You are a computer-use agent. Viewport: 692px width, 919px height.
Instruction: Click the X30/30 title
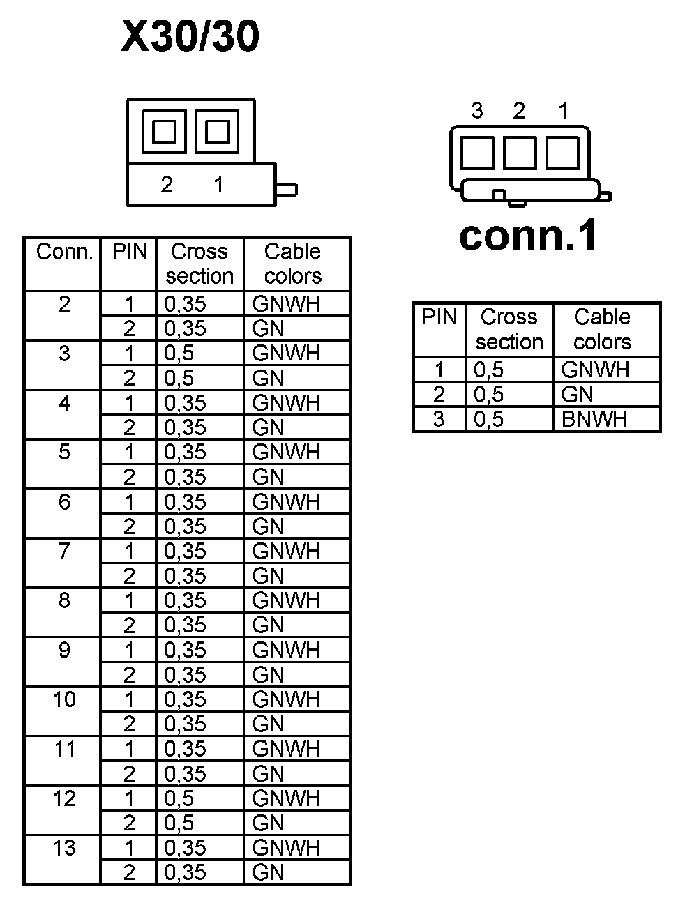click(190, 36)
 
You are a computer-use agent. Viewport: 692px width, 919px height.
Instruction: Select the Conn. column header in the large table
click(64, 252)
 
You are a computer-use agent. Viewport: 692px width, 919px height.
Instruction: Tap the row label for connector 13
click(64, 848)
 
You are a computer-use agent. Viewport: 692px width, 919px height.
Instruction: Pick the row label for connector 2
click(64, 304)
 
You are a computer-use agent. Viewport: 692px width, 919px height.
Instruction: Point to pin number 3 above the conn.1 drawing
click(477, 110)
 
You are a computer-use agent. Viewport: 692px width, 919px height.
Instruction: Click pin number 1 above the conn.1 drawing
click(563, 110)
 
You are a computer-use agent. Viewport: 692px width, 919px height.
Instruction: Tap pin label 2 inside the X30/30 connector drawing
click(167, 185)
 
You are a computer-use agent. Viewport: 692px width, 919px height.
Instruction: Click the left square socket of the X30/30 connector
click(165, 131)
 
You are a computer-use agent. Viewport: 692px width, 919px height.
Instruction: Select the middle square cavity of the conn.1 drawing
click(520, 153)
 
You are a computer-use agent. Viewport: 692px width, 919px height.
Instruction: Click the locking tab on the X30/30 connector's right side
click(287, 189)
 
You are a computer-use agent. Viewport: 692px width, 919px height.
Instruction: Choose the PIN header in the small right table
click(439, 317)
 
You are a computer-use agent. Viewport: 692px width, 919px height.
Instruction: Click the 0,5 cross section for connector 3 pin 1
click(179, 354)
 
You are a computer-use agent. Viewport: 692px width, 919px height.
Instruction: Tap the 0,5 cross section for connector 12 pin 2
click(179, 823)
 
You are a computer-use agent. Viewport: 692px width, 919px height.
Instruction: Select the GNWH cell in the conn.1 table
click(595, 370)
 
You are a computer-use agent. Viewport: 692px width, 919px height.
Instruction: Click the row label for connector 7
click(64, 551)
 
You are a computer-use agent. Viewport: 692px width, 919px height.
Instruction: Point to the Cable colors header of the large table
click(293, 264)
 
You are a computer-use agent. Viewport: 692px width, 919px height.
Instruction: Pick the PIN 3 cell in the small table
click(439, 419)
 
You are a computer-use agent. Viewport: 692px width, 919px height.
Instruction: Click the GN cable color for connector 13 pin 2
click(269, 872)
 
